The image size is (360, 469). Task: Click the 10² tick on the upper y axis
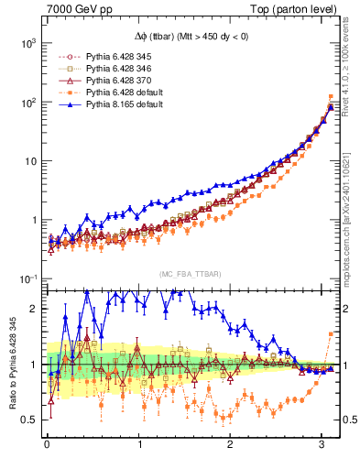pos(28,102)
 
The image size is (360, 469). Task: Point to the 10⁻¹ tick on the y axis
pos(27,278)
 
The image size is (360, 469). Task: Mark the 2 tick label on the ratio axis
pos(35,309)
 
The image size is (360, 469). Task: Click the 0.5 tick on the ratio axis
pos(30,420)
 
